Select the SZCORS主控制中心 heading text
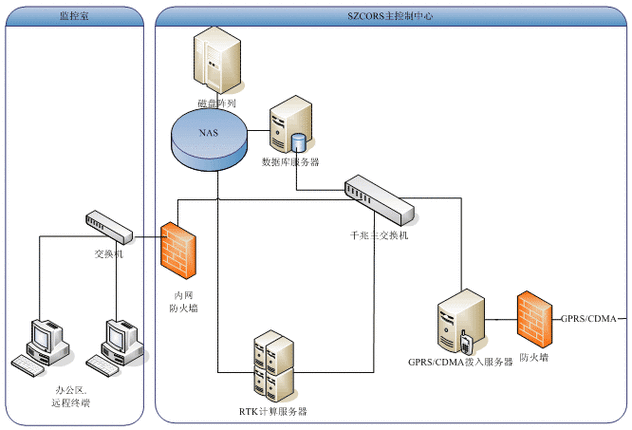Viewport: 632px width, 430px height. [x=391, y=17]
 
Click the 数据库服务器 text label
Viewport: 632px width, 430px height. [x=289, y=162]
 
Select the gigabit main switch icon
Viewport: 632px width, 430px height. [x=377, y=201]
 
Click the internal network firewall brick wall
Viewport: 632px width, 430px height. [x=177, y=249]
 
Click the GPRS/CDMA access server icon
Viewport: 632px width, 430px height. [x=459, y=321]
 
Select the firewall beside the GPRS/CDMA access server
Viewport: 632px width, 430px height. [x=534, y=319]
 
